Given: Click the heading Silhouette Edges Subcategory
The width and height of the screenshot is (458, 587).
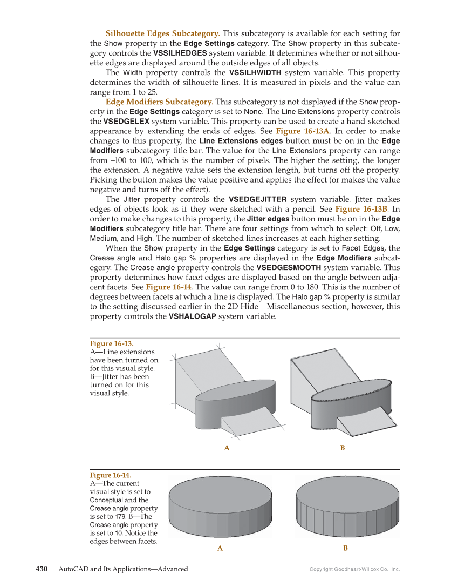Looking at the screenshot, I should tap(162, 33).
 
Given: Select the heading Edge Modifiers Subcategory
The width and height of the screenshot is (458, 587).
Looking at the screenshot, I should tap(159, 102).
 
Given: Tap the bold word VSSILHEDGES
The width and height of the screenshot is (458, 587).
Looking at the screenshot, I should tap(180, 53).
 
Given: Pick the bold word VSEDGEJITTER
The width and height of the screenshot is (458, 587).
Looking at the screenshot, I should tap(258, 199).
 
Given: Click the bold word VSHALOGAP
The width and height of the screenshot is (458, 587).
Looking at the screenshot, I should tap(193, 316).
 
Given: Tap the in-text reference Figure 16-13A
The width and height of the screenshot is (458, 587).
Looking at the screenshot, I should tap(303, 131).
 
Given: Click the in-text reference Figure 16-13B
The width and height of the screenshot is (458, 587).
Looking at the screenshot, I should tap(361, 209).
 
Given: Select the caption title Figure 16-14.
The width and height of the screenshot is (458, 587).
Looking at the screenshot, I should tap(110, 475).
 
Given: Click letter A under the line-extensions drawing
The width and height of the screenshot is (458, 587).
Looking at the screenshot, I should tap(227, 448).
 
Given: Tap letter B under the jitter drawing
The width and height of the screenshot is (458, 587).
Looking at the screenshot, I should tap(343, 448).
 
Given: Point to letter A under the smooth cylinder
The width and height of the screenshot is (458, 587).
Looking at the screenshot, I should tap(220, 549).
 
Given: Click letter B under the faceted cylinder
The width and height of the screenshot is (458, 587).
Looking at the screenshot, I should tap(346, 549).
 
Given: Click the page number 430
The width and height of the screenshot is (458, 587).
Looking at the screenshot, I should tap(42, 569).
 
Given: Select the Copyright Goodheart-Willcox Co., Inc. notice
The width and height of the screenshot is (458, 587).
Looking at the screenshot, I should tap(354, 569).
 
